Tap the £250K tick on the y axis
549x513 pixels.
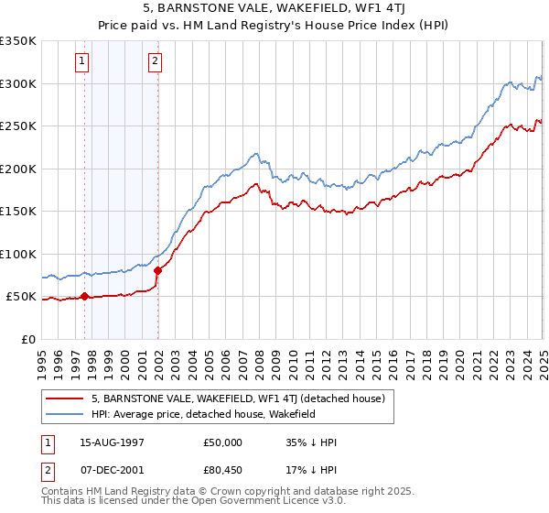click(x=18, y=126)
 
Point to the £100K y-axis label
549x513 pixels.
click(x=18, y=254)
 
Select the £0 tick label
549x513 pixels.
click(x=27, y=339)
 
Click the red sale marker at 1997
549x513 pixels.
click(x=85, y=296)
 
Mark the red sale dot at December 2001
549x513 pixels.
click(x=157, y=270)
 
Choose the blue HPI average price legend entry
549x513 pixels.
click(x=202, y=414)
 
